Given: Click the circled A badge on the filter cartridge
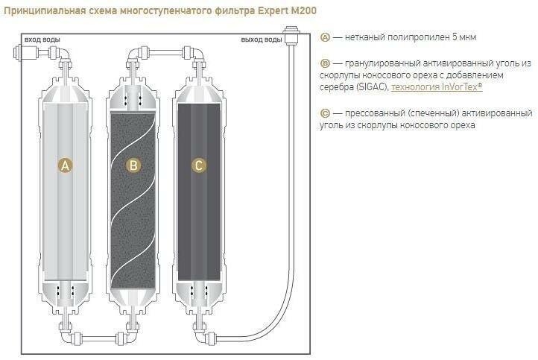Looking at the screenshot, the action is [65, 166].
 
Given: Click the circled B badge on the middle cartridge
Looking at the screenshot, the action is [133, 166].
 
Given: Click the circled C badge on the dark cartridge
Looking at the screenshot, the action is [198, 166].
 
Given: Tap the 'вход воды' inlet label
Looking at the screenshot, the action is [42, 39].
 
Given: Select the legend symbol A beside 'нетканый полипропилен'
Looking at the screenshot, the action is [324, 37].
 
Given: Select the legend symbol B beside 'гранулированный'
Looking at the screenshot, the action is [324, 63].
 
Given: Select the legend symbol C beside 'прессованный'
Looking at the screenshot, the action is [324, 113].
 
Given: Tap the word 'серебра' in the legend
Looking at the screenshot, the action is [335, 88].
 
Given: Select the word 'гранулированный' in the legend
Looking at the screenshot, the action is [379, 63].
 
